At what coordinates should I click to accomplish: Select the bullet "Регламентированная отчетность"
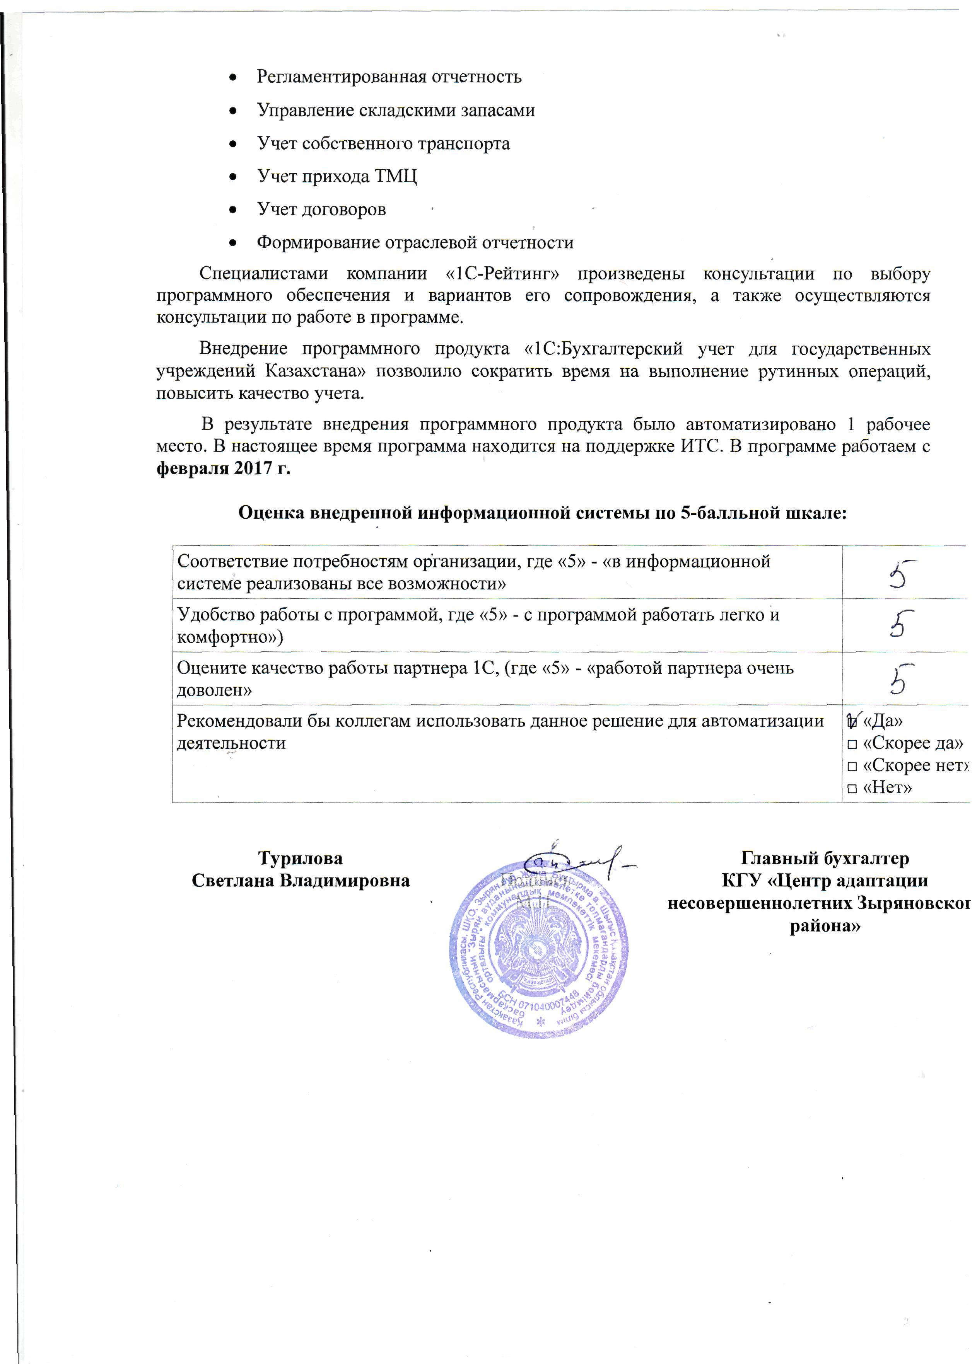[x=389, y=77]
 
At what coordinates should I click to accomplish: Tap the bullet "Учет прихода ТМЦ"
[x=337, y=176]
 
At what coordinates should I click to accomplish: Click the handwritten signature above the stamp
[x=574, y=864]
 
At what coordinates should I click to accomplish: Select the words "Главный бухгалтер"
[x=825, y=858]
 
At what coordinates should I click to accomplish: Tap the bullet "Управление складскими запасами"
[x=396, y=111]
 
